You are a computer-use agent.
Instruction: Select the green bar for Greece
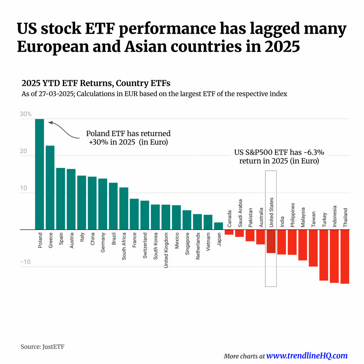pyautogui.click(x=50, y=187)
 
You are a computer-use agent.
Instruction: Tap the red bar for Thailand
pyautogui.click(x=345, y=256)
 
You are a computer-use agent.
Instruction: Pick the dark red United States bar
pyautogui.click(x=271, y=241)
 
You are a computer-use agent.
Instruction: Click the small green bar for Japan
pyautogui.click(x=218, y=226)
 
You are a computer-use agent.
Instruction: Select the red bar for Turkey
pyautogui.click(x=323, y=255)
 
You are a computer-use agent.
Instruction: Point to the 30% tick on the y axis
pyautogui.click(x=26, y=114)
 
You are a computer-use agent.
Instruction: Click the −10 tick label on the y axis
pyautogui.click(x=25, y=262)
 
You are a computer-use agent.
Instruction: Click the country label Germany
pyautogui.click(x=103, y=242)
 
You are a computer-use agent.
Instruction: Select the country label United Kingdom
pyautogui.click(x=166, y=250)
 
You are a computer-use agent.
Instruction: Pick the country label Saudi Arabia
pyautogui.click(x=240, y=213)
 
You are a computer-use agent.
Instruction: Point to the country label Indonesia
pyautogui.click(x=334, y=216)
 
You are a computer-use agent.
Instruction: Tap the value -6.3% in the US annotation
pyautogui.click(x=314, y=152)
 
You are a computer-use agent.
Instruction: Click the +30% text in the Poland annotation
pyautogui.click(x=98, y=142)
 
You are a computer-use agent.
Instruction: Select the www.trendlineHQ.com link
pyautogui.click(x=307, y=356)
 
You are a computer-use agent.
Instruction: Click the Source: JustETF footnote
pyautogui.click(x=43, y=347)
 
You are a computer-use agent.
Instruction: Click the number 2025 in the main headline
pyautogui.click(x=282, y=46)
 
